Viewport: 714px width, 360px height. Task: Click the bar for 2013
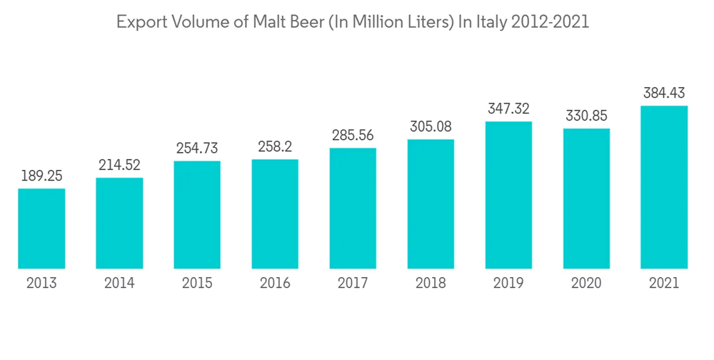tap(41, 229)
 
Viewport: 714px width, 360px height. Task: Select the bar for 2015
tap(197, 215)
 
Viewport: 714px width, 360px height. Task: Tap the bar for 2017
tap(353, 209)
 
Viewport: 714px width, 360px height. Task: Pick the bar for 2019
tap(508, 195)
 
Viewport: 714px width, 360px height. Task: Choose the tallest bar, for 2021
tap(664, 187)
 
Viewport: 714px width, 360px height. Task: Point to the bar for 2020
tap(586, 199)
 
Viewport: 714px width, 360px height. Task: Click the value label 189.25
tap(41, 176)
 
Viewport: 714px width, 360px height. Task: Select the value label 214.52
tap(119, 166)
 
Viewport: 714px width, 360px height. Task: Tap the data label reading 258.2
tap(275, 148)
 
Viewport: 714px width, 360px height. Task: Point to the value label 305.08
tap(431, 127)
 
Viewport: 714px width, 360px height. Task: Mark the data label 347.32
tap(508, 109)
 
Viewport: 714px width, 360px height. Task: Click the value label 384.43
tap(664, 93)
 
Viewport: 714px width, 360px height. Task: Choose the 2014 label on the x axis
tap(119, 284)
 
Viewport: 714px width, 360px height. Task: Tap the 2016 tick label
tap(275, 284)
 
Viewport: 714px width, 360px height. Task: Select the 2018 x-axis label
tap(431, 284)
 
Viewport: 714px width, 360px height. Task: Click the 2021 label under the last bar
tap(664, 284)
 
